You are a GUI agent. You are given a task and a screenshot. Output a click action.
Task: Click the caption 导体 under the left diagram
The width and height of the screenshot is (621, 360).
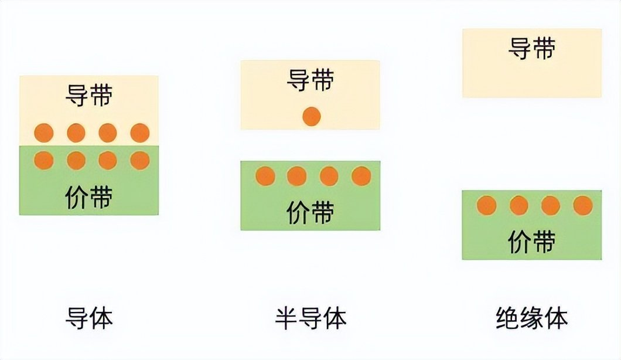coord(89,317)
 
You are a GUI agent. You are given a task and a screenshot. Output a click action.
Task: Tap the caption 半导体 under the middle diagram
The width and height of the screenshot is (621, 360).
coord(311,317)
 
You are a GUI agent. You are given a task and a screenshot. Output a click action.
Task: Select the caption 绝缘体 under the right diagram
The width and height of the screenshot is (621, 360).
coord(531,317)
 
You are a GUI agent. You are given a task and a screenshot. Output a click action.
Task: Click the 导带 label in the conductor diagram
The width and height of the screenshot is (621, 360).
coord(89,95)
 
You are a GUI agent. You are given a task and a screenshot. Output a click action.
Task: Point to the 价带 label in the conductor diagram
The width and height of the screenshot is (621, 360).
coord(89,197)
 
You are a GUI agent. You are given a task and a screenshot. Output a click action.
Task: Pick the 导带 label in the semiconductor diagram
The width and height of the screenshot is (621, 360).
coord(310,80)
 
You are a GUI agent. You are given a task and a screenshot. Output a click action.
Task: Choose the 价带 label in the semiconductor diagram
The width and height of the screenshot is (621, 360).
coord(310,212)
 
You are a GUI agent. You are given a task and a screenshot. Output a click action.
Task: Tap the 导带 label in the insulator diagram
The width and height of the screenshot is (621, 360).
coord(532,48)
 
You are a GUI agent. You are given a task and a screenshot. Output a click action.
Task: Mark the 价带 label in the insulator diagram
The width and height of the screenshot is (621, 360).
coord(532,242)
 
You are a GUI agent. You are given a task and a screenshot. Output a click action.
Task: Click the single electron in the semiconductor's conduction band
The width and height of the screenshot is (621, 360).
coord(311,117)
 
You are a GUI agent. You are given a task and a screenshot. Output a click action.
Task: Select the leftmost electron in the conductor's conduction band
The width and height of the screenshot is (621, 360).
coord(44,133)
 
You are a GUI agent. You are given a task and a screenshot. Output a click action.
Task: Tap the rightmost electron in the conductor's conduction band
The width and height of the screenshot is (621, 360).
coord(140,133)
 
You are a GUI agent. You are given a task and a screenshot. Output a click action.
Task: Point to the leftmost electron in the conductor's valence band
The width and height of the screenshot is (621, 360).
coord(44,161)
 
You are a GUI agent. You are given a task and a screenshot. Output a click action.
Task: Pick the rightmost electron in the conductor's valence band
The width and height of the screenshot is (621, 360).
coord(140,161)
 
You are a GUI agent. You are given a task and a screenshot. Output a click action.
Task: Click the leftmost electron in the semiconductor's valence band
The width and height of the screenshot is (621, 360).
coord(265,176)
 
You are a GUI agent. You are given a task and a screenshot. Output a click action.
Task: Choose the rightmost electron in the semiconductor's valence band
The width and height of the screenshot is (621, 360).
coord(361,176)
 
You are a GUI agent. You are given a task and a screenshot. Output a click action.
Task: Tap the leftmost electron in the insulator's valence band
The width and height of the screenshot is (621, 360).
coord(487,206)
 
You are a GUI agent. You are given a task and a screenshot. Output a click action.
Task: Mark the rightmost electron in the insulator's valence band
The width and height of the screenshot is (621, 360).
coord(583,206)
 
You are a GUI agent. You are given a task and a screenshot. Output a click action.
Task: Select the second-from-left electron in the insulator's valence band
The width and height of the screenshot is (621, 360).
coord(519,206)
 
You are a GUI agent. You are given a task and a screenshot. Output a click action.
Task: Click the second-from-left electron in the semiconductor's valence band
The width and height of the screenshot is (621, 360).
coord(297,176)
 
